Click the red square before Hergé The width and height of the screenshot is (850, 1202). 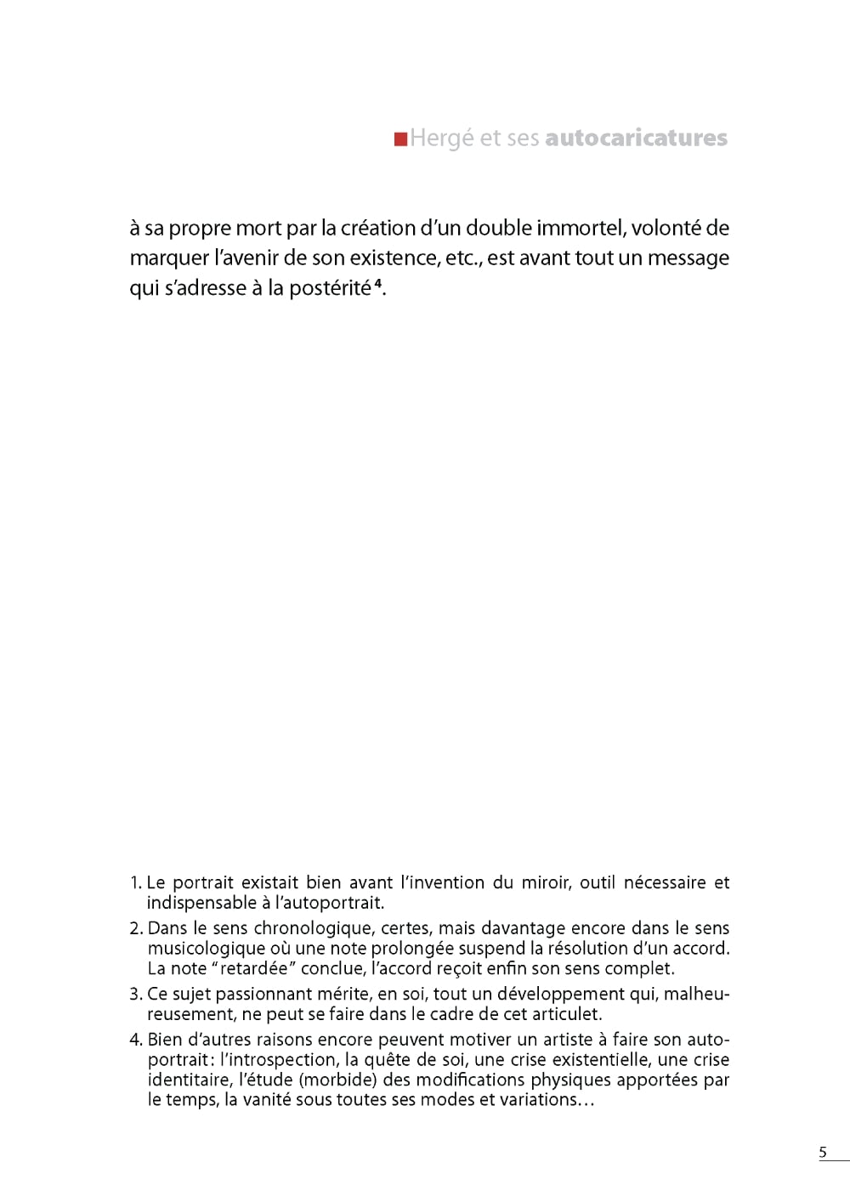(400, 139)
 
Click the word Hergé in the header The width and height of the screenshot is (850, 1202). (442, 139)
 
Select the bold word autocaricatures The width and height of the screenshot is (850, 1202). (636, 138)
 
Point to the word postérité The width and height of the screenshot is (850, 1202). (330, 288)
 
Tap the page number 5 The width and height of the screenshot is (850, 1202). (822, 1153)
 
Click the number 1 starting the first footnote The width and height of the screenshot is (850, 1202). (134, 883)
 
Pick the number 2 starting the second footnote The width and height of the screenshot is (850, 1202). (135, 928)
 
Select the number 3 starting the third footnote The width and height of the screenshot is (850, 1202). (135, 994)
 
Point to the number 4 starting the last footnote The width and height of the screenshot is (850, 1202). (135, 1040)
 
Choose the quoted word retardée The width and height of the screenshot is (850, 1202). (253, 968)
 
